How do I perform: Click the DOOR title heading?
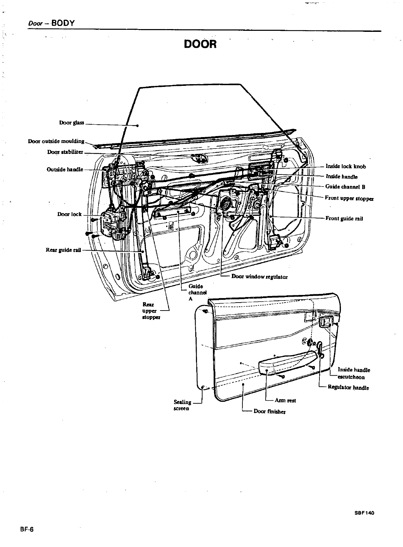(x=200, y=44)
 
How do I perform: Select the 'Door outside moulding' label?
(x=56, y=141)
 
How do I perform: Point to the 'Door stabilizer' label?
(x=65, y=152)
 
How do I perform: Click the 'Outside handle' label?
(x=65, y=169)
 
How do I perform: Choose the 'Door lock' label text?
(x=69, y=214)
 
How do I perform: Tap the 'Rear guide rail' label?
(x=63, y=250)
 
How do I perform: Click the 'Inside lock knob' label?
(x=346, y=167)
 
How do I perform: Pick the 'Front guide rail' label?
(x=344, y=218)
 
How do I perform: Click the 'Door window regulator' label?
(x=259, y=277)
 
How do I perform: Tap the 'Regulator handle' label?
(x=348, y=388)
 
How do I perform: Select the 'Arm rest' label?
(x=285, y=401)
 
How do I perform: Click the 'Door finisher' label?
(x=269, y=411)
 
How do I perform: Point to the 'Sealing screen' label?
(x=182, y=405)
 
